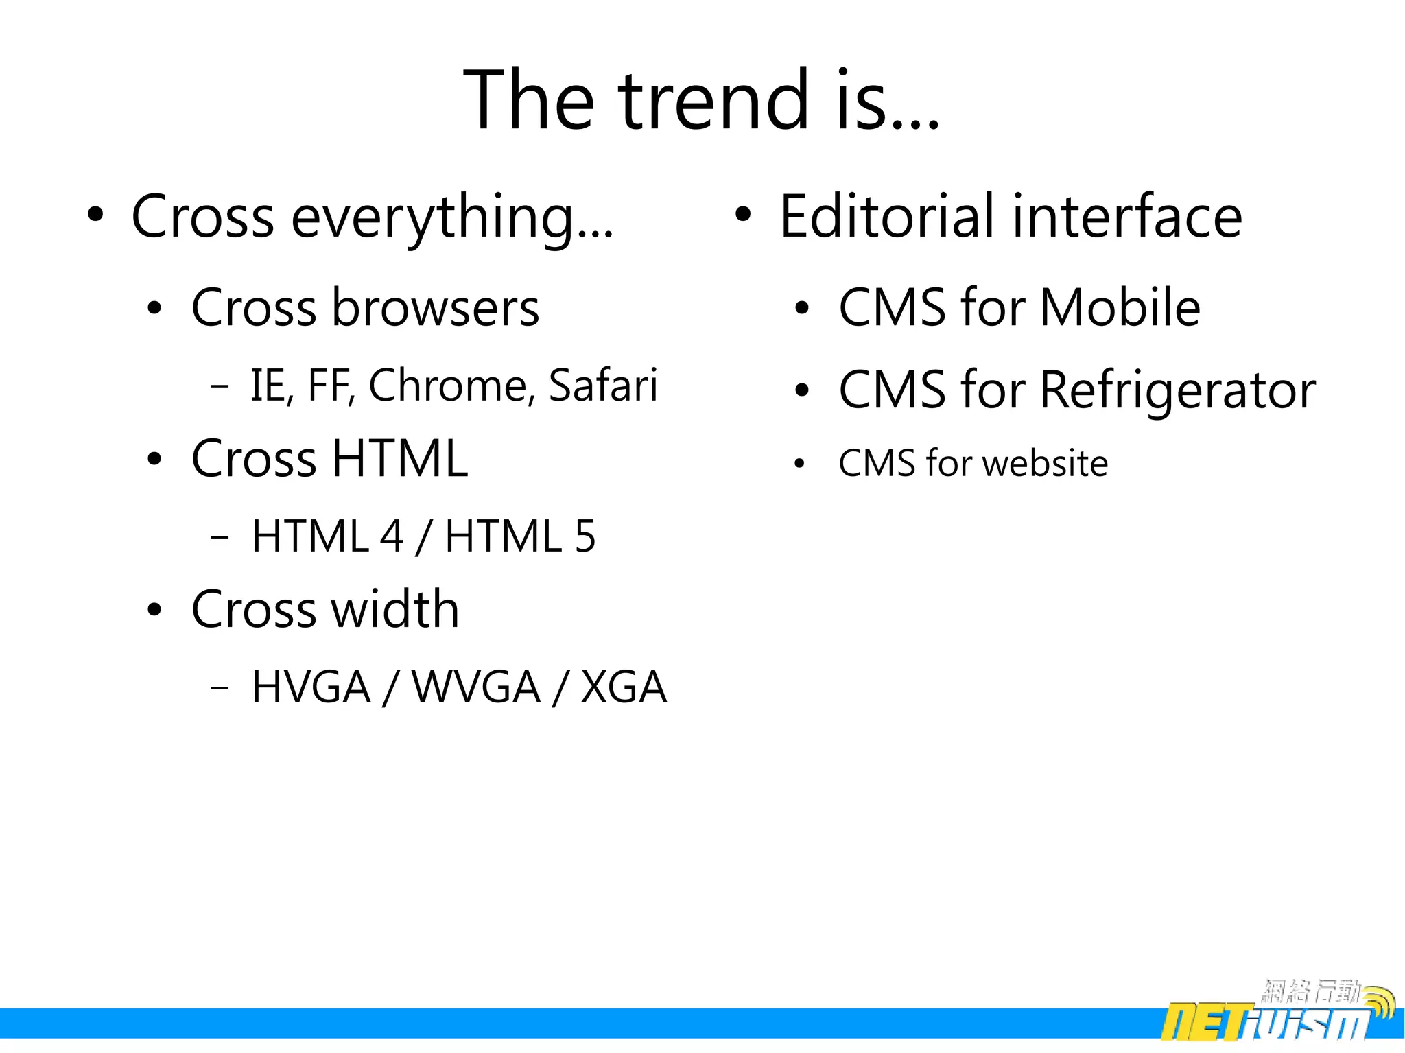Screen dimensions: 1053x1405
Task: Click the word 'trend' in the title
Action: pyautogui.click(x=714, y=101)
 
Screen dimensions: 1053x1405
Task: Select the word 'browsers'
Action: pyautogui.click(x=436, y=308)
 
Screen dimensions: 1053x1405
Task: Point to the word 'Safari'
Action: pyautogui.click(x=603, y=386)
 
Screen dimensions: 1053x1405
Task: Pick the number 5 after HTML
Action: pyautogui.click(x=585, y=536)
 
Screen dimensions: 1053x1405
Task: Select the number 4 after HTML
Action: pyautogui.click(x=392, y=536)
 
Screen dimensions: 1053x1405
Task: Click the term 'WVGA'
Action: pyautogui.click(x=476, y=687)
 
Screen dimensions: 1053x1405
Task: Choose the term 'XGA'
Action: pyautogui.click(x=624, y=687)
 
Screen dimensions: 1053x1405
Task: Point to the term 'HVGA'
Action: pyautogui.click(x=311, y=687)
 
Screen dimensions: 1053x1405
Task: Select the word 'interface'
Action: pyautogui.click(x=1127, y=217)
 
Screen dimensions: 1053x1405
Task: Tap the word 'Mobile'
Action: pyautogui.click(x=1120, y=307)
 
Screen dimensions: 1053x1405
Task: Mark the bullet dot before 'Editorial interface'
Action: pyautogui.click(x=742, y=215)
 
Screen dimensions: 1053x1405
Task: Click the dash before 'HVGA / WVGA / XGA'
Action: pyautogui.click(x=220, y=687)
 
